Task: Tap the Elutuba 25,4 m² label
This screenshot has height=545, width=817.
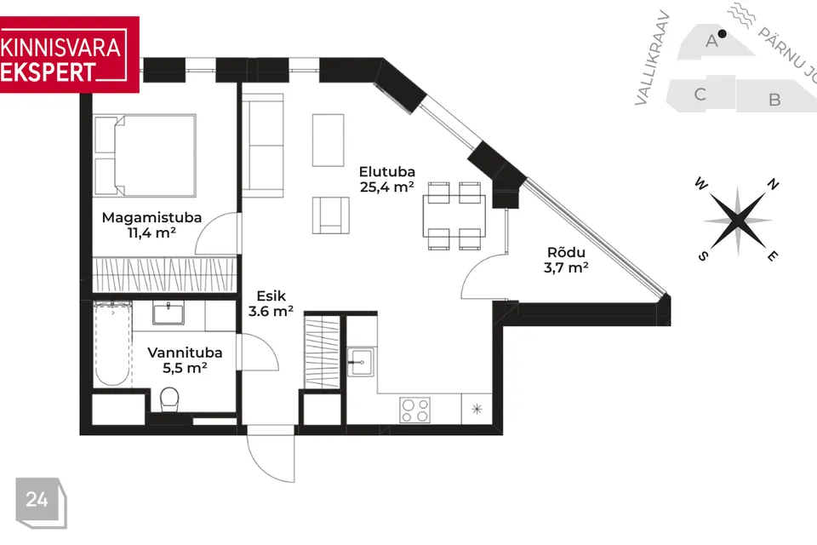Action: [387, 180]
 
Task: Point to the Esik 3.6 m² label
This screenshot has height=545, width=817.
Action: [271, 303]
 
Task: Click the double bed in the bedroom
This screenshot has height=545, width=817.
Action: [145, 156]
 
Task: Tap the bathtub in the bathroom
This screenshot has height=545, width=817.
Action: [112, 343]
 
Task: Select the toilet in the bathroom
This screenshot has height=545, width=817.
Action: [169, 399]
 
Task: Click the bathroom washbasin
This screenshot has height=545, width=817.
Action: [169, 314]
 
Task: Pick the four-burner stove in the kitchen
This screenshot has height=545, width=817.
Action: [415, 410]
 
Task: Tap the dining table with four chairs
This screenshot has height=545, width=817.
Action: [454, 215]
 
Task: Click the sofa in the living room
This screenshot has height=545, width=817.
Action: [263, 146]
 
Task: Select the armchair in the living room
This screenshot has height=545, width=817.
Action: [331, 215]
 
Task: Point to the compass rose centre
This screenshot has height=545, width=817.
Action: [738, 221]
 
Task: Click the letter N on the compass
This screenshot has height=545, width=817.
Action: [773, 184]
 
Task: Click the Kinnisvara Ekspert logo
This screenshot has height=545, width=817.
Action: [69, 54]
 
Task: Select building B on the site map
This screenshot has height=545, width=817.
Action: [774, 99]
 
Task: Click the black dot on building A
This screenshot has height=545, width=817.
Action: [722, 34]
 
